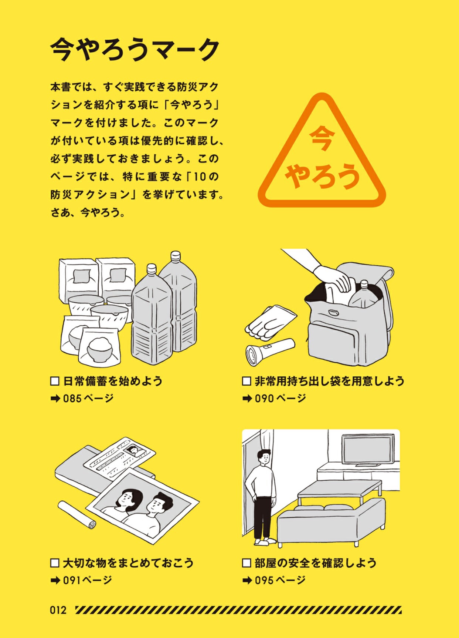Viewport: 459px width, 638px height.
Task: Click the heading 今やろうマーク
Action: click(x=135, y=49)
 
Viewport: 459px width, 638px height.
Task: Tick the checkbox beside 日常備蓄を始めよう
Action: click(x=55, y=381)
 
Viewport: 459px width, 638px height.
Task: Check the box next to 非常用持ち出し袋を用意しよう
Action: click(x=246, y=381)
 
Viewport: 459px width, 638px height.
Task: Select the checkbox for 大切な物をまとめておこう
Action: click(x=55, y=563)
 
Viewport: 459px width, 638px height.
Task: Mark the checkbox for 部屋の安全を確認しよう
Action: click(x=246, y=563)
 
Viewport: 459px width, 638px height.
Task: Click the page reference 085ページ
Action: click(x=88, y=399)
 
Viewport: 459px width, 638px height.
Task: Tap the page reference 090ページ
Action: click(x=280, y=399)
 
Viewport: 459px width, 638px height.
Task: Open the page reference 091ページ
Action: click(x=88, y=580)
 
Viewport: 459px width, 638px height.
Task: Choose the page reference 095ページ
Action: click(x=280, y=580)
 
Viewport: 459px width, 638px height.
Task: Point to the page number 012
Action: click(x=58, y=610)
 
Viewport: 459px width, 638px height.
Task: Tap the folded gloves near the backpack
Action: click(x=271, y=322)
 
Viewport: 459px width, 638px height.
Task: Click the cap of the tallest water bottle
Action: click(x=175, y=256)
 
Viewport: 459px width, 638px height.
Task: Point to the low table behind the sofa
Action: click(x=340, y=491)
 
